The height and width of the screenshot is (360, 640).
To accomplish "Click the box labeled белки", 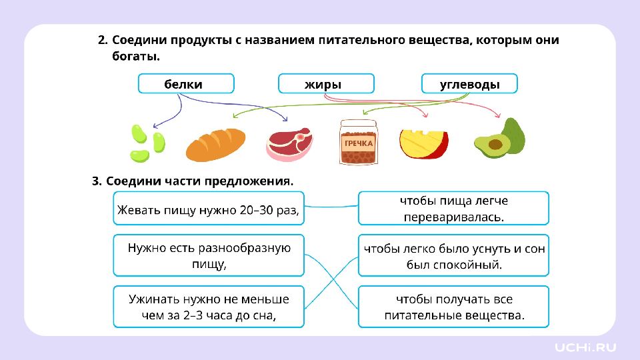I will (x=185, y=84).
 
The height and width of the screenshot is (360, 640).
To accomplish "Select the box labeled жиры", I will (x=325, y=84).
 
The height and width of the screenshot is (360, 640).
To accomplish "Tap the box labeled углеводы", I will (x=469, y=84).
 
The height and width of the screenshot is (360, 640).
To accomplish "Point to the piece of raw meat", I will (x=289, y=144).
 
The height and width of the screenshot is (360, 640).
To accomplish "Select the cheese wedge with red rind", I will (x=423, y=143).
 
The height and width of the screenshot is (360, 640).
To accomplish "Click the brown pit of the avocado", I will (x=495, y=143).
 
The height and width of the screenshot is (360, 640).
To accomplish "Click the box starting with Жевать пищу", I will (x=208, y=209).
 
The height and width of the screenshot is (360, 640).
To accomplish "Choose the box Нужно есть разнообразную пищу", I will (x=208, y=255).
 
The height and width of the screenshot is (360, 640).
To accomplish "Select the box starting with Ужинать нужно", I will (x=208, y=307).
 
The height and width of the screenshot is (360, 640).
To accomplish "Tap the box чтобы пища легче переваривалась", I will (x=453, y=209).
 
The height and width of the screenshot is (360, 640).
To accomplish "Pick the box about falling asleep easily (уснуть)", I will (x=453, y=255).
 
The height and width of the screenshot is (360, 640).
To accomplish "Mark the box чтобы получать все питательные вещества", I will (x=453, y=307).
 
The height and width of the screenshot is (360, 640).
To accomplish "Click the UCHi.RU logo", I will (x=585, y=347).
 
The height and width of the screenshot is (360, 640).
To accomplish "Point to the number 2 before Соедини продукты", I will (x=102, y=40).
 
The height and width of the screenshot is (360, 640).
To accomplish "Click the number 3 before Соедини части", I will (x=96, y=181).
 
